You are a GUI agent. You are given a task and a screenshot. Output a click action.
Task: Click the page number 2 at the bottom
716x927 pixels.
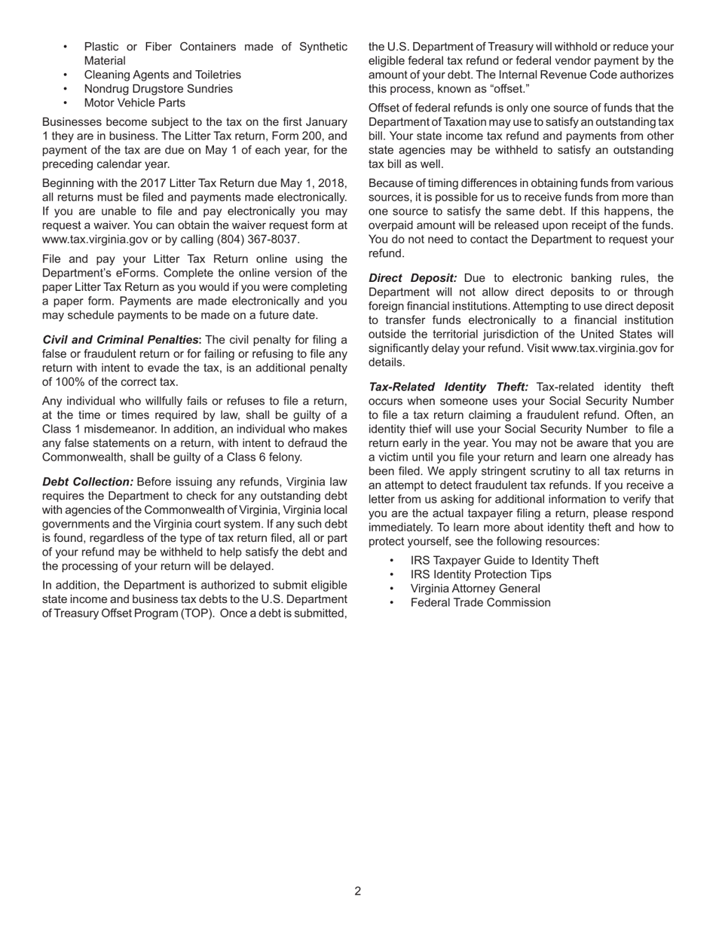357,891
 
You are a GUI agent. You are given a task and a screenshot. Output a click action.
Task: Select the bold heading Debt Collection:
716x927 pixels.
87,482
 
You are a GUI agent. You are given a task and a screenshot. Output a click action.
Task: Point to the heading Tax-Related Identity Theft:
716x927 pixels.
448,387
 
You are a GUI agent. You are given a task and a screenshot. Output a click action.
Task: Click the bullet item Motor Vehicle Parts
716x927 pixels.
134,102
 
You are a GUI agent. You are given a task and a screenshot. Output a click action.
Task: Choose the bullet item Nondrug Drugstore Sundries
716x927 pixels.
158,89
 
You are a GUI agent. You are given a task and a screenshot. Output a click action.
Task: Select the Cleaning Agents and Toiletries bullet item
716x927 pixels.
162,75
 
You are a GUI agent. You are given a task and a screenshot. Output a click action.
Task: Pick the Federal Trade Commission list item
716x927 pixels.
480,602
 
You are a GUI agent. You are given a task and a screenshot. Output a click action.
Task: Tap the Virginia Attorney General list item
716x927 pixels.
475,589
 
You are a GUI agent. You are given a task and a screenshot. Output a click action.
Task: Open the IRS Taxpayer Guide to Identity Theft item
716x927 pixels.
504,560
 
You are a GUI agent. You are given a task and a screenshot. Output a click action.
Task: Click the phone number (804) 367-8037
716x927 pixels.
257,239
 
